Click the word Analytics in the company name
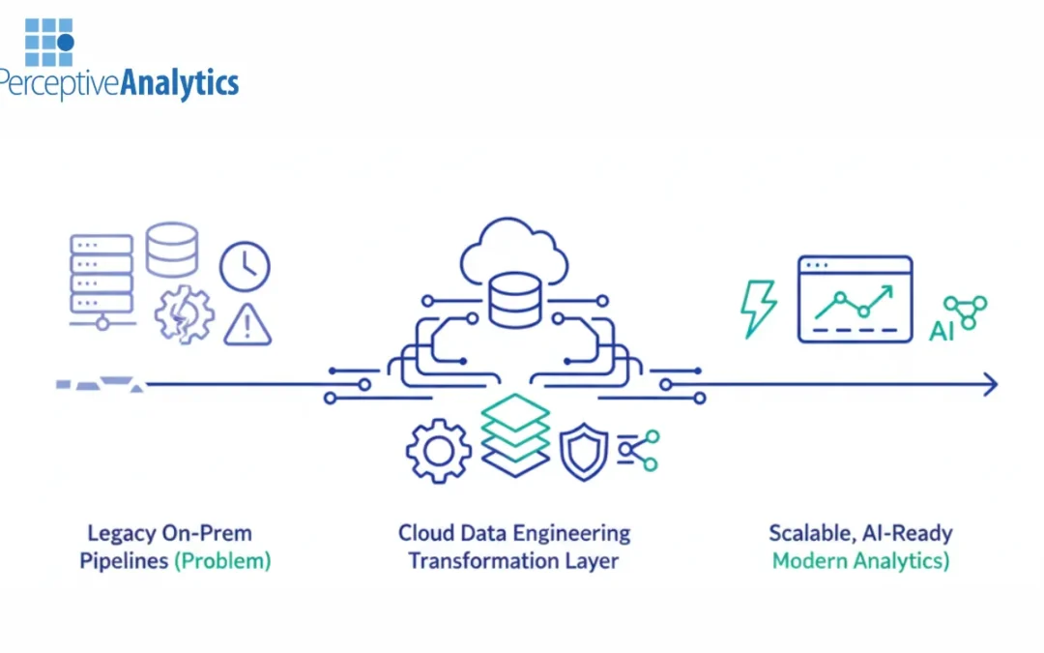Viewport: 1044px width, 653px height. tap(179, 83)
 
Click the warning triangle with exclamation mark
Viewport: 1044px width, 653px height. tap(247, 325)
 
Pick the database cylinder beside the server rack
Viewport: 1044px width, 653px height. tap(172, 250)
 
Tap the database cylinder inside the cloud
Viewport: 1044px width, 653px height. tap(515, 299)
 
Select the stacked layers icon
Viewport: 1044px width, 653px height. tap(515, 434)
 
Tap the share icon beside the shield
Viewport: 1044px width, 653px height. tap(639, 450)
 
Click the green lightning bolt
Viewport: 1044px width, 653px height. tap(758, 309)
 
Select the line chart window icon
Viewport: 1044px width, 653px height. tap(855, 299)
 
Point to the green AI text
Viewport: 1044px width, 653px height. tap(941, 331)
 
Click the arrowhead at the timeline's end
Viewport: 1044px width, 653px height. tap(989, 385)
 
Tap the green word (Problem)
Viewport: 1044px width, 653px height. tap(222, 561)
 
